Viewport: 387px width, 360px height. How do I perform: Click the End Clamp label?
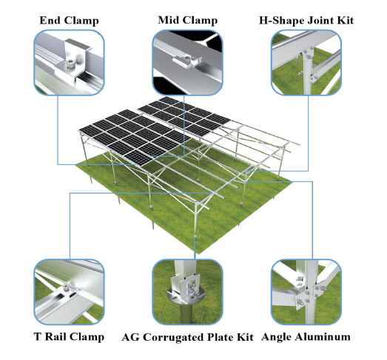coord(69,21)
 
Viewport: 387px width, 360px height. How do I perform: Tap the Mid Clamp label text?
coord(187,21)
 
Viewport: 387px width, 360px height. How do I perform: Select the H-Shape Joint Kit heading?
coord(306,21)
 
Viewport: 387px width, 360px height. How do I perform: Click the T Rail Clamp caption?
coord(69,337)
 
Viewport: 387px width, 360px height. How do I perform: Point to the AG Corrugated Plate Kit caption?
coord(187,337)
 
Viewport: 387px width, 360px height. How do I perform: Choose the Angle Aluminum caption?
coord(306,337)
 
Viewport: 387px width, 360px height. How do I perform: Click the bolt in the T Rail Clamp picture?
coord(66,287)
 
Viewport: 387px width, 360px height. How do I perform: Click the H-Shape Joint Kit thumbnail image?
coord(306,63)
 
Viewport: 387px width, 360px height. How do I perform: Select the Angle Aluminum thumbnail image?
coord(306,292)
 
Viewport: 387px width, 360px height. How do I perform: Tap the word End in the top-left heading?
coord(50,21)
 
